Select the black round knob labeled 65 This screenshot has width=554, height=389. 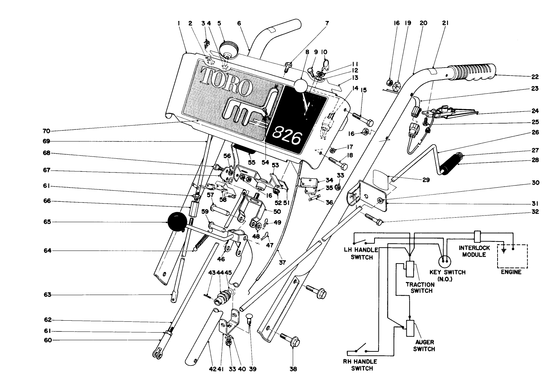[176, 222]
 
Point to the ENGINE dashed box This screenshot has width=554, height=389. [514, 256]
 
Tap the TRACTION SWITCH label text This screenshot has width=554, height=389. [420, 287]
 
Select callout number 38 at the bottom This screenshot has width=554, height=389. [293, 369]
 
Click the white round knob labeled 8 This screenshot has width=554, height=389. [300, 86]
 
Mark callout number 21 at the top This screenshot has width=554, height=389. [445, 23]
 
